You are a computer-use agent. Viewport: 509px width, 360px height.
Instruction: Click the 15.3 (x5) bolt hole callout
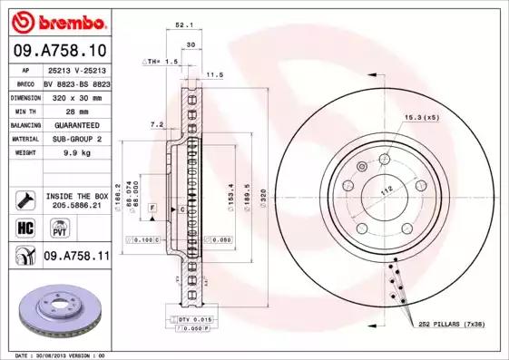point(421,118)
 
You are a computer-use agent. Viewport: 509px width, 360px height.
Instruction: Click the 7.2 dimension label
point(155,124)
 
